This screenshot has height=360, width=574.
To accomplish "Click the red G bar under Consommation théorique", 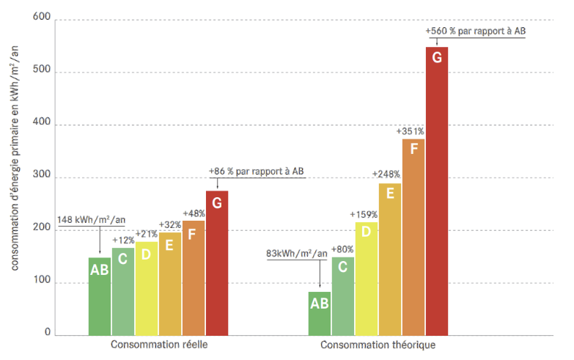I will point(437,191).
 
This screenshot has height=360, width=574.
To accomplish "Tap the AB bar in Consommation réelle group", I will point(100,296).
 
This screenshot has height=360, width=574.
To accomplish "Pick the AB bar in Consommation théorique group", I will point(320,313).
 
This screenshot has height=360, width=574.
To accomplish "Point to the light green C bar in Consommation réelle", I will point(123,291).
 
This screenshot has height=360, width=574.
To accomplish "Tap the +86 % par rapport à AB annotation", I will point(256,171).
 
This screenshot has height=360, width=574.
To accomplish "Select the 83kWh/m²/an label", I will point(297,254).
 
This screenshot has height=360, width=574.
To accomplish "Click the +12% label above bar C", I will point(123,240).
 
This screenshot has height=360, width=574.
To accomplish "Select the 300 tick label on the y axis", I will point(42,177).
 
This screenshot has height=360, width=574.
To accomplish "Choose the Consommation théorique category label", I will point(378,345).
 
